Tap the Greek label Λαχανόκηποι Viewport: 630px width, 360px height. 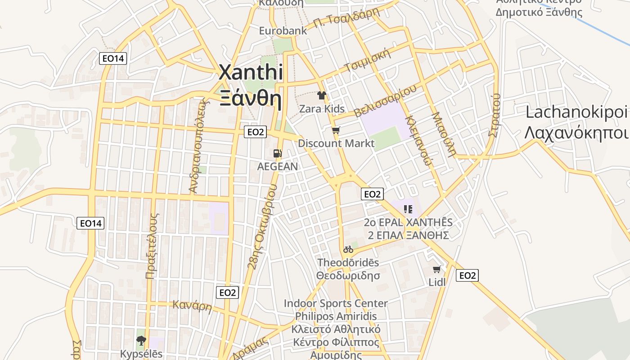tap(576, 133)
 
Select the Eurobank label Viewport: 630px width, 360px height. tap(283, 31)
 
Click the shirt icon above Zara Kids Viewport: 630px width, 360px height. tap(322, 95)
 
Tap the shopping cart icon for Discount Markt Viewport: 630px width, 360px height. tap(336, 130)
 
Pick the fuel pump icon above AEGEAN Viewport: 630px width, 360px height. tap(278, 153)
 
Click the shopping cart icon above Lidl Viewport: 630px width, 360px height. tap(436, 270)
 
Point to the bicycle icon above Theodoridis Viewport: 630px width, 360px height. tap(348, 249)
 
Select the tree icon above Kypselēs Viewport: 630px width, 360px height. tap(141, 340)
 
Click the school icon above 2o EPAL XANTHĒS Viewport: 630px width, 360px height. tap(408, 209)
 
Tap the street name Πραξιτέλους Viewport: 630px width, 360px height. tap(153, 245)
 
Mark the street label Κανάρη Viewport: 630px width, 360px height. tap(192, 306)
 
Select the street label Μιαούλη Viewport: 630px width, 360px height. tap(444, 134)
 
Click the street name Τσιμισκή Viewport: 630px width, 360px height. tap(366, 61)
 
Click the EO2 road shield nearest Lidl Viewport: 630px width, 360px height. tap(467, 275)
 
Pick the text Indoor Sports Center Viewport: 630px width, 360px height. tap(335, 303)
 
